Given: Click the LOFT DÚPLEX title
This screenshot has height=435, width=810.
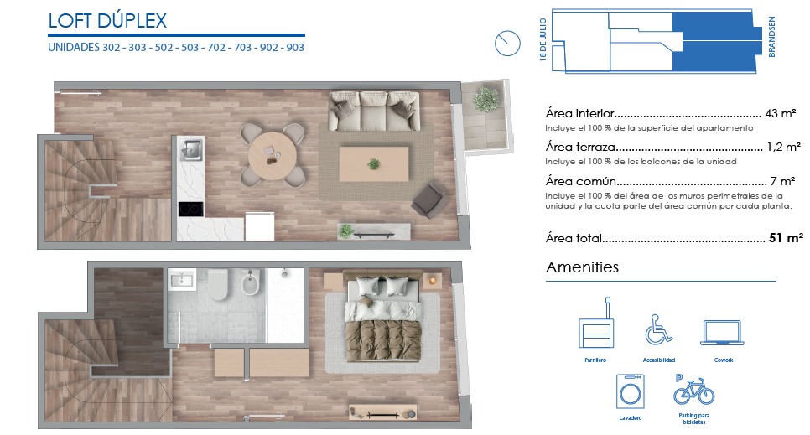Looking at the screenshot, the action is tap(107, 21).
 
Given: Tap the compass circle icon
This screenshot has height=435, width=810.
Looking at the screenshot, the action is tap(507, 44).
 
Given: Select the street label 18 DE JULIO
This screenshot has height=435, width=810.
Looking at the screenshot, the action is tap(543, 39).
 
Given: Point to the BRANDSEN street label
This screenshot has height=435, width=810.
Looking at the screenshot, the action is tap(771, 37).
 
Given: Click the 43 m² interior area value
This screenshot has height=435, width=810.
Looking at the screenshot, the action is tap(780, 113).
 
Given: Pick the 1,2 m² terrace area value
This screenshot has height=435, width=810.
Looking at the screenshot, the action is tap(783, 147).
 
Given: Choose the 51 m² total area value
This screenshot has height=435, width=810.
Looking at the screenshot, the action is tap(786, 238).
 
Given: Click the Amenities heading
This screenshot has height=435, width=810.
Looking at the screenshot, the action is tap(582, 267).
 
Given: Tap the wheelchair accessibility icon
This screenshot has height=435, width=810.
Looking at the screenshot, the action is tap(658, 329).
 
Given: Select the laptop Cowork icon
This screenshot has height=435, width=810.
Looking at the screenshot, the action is tap(722, 332).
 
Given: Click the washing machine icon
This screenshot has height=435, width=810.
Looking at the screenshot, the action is tap(631, 392).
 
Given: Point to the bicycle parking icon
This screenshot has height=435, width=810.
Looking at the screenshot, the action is tap(693, 391).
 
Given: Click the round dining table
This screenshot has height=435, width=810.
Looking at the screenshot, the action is tap(273, 156).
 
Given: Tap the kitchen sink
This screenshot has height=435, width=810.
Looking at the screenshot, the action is tap(190, 150).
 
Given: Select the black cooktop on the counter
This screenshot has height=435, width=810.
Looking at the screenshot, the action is tap(190, 209).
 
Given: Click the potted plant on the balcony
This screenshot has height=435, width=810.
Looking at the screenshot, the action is tap(486, 99).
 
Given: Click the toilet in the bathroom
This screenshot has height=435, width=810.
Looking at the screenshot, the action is tap(218, 285).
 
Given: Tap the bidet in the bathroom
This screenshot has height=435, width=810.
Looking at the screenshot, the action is tap(250, 282).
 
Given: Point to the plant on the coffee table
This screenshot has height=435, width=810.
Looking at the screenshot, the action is tap(373, 164).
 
